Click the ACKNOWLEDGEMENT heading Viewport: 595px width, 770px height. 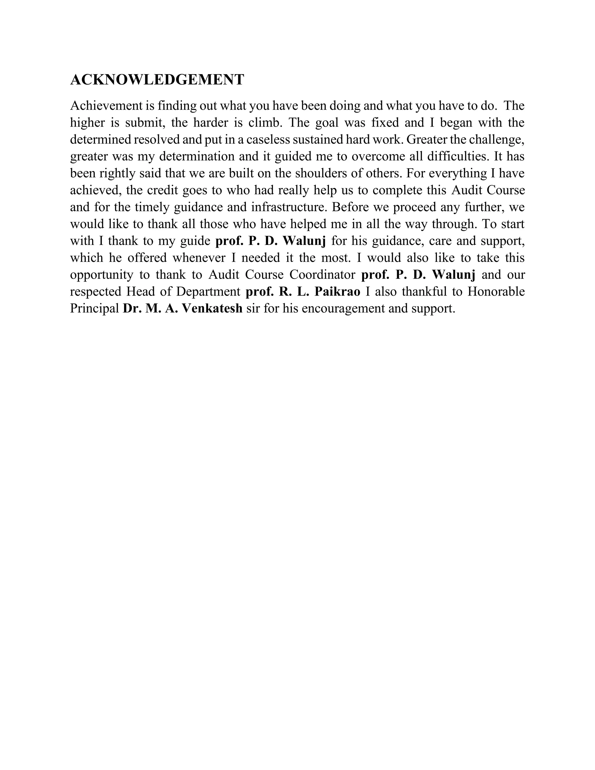pos(157,80)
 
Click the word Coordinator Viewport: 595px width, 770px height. pos(322,275)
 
